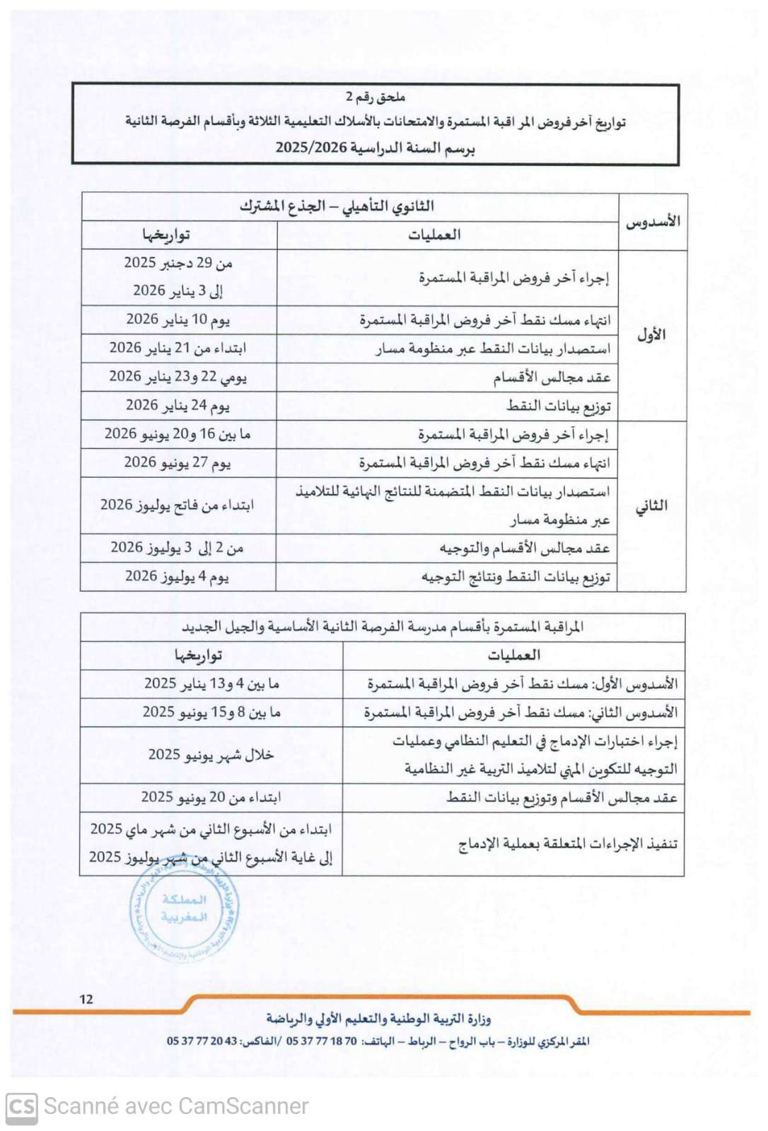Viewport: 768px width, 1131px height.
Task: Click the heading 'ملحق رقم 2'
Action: tap(375, 97)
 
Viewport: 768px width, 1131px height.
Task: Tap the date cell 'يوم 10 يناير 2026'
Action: tap(178, 320)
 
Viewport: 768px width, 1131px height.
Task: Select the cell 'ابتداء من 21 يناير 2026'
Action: tap(178, 348)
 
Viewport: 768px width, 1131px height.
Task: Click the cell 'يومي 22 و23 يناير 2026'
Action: tap(178, 377)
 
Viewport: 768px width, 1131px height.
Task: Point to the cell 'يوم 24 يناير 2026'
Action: tap(178, 405)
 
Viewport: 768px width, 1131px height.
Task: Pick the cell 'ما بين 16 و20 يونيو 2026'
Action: tap(178, 434)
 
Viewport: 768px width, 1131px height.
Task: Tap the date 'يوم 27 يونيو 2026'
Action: tap(178, 462)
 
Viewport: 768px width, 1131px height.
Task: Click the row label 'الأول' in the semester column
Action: tap(651, 335)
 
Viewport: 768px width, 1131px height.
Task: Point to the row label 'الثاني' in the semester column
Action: tap(651, 505)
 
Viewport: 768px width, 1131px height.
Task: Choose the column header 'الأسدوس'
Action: tap(652, 222)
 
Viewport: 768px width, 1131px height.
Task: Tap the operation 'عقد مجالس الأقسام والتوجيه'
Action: tap(524, 548)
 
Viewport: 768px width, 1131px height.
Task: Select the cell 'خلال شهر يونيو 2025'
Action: tap(211, 755)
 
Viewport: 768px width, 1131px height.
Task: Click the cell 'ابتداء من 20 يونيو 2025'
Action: tap(211, 797)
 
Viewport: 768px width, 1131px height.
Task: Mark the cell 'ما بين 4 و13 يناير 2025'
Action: tap(211, 684)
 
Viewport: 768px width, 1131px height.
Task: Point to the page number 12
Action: tap(86, 999)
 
